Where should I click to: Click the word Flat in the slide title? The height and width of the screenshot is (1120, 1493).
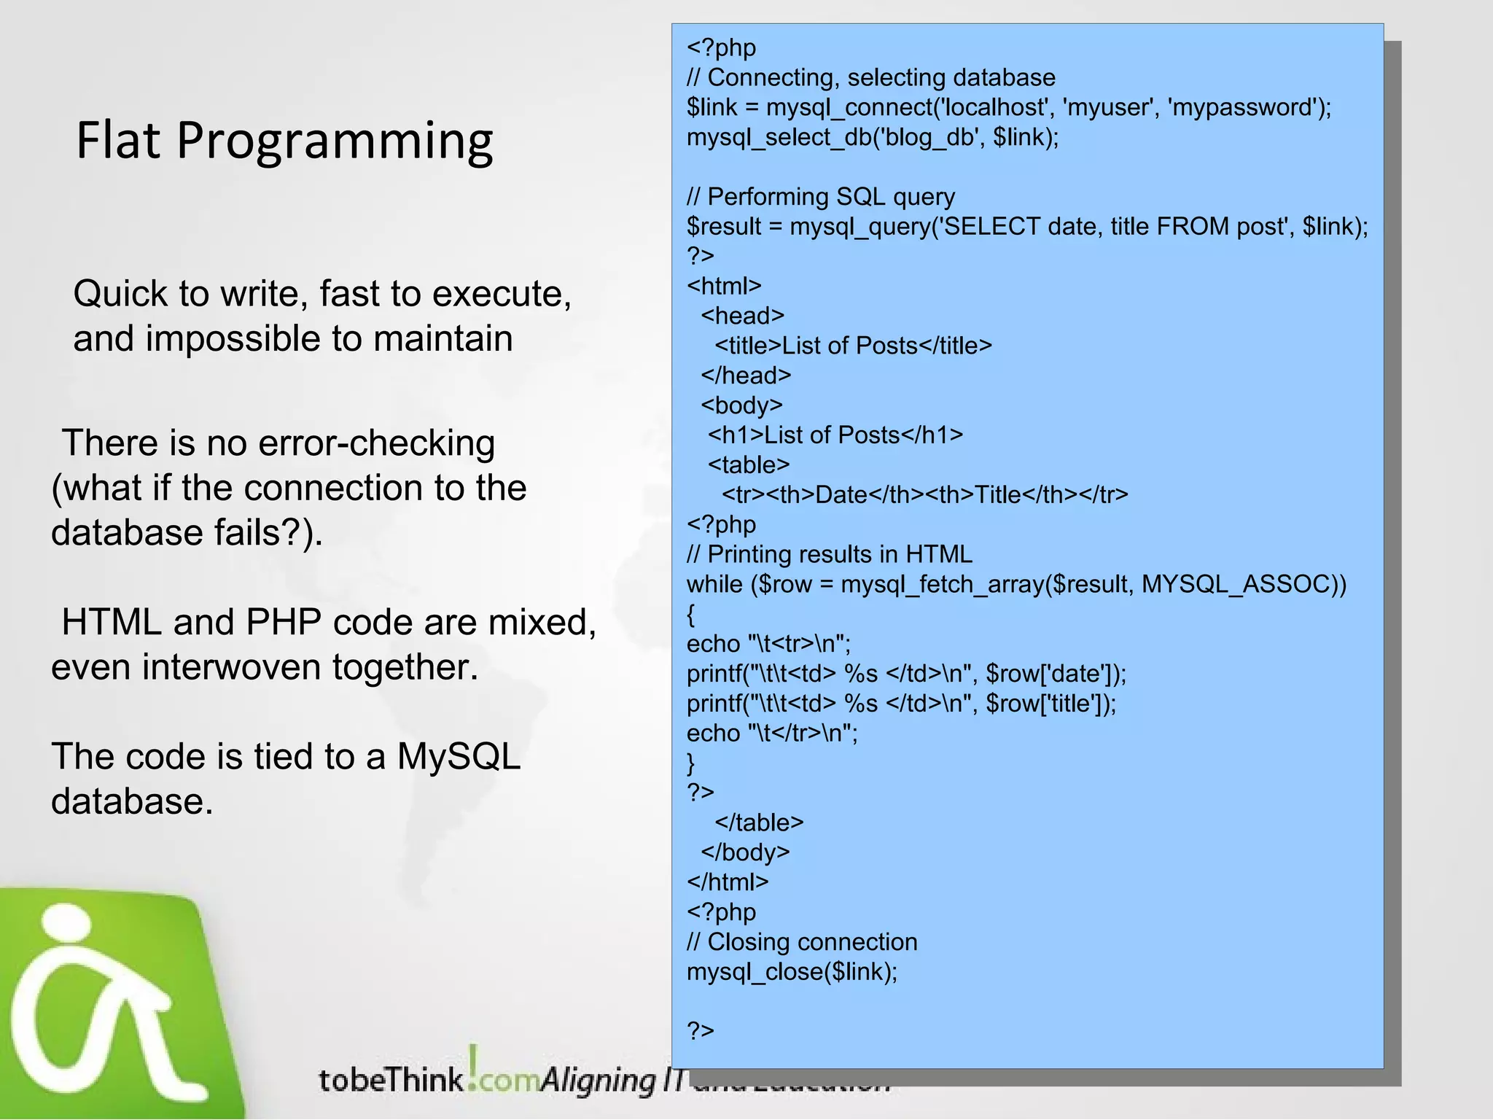pyautogui.click(x=117, y=140)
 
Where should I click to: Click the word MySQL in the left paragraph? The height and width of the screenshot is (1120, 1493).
pyautogui.click(x=458, y=756)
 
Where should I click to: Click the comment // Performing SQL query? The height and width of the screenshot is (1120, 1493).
pyautogui.click(x=820, y=197)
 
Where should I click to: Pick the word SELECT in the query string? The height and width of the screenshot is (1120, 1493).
pyautogui.click(x=992, y=227)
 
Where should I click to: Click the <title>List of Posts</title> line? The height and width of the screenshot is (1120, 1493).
pyautogui.click(x=853, y=346)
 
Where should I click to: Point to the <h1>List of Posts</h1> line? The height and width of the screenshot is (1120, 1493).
pyautogui.click(x=835, y=435)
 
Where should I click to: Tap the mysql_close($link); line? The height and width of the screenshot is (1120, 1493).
pyautogui.click(x=792, y=972)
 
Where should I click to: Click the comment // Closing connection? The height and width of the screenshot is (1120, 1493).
pyautogui.click(x=801, y=942)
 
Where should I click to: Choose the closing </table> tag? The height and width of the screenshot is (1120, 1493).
pyautogui.click(x=759, y=822)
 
